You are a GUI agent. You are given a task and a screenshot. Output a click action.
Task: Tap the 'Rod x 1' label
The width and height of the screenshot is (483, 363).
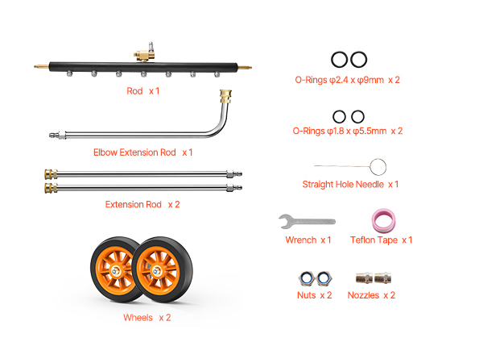click(x=143, y=91)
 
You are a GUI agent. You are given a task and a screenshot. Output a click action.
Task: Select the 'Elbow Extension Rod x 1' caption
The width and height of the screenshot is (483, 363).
click(x=143, y=152)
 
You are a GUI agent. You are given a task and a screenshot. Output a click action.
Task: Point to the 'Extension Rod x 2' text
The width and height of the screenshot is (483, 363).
click(x=142, y=204)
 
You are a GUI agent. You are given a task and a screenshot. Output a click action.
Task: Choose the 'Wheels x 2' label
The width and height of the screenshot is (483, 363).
click(x=147, y=318)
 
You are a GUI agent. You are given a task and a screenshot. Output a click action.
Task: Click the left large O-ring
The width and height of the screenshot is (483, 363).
click(x=340, y=59)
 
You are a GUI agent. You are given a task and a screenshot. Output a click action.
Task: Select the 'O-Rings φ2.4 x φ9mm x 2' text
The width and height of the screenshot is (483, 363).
click(x=348, y=81)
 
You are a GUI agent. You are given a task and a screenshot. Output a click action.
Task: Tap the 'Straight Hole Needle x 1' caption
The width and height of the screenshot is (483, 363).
click(x=350, y=185)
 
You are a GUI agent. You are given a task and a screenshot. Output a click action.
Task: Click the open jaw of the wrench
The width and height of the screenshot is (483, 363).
click(x=284, y=220)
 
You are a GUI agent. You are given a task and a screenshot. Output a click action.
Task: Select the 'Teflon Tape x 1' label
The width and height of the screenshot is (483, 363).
click(x=382, y=240)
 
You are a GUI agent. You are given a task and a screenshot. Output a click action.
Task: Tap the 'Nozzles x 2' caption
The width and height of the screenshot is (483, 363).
click(x=371, y=295)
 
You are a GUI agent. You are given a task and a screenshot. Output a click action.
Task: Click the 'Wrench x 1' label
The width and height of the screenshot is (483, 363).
click(x=308, y=240)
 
